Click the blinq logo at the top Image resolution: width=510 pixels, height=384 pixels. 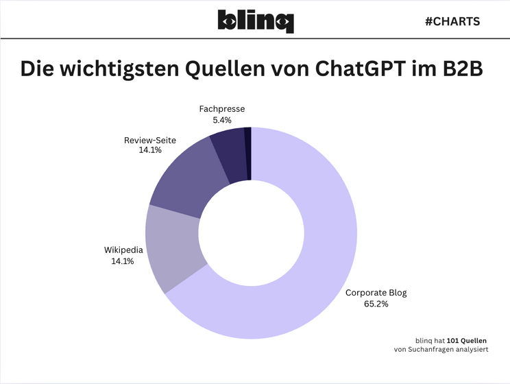point(255,21)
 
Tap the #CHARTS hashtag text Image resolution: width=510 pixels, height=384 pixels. point(452,21)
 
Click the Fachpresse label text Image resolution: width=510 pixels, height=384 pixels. point(221,109)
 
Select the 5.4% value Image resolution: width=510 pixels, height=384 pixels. point(221,119)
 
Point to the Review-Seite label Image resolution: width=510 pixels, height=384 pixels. point(149,140)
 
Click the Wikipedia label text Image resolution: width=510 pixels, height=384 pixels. point(123,250)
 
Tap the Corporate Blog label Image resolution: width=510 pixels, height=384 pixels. point(376,293)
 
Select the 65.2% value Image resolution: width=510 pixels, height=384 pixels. point(376,303)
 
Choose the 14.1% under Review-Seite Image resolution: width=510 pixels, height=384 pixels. point(149,150)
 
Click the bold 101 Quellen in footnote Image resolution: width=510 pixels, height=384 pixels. point(467,340)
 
